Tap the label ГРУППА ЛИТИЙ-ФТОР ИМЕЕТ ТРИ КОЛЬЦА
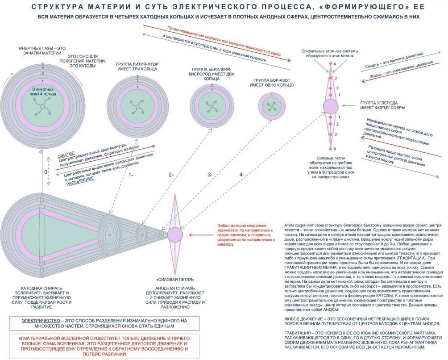(x=137, y=67)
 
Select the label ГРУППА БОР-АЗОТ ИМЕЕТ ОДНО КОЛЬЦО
(x=273, y=83)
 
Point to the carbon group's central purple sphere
(x=331, y=107)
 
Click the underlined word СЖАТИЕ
(x=66, y=155)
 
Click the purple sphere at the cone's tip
(x=175, y=234)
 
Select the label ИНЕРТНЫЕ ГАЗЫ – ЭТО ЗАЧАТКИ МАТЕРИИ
(x=42, y=50)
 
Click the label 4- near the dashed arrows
(x=241, y=175)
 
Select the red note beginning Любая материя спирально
(x=245, y=235)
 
